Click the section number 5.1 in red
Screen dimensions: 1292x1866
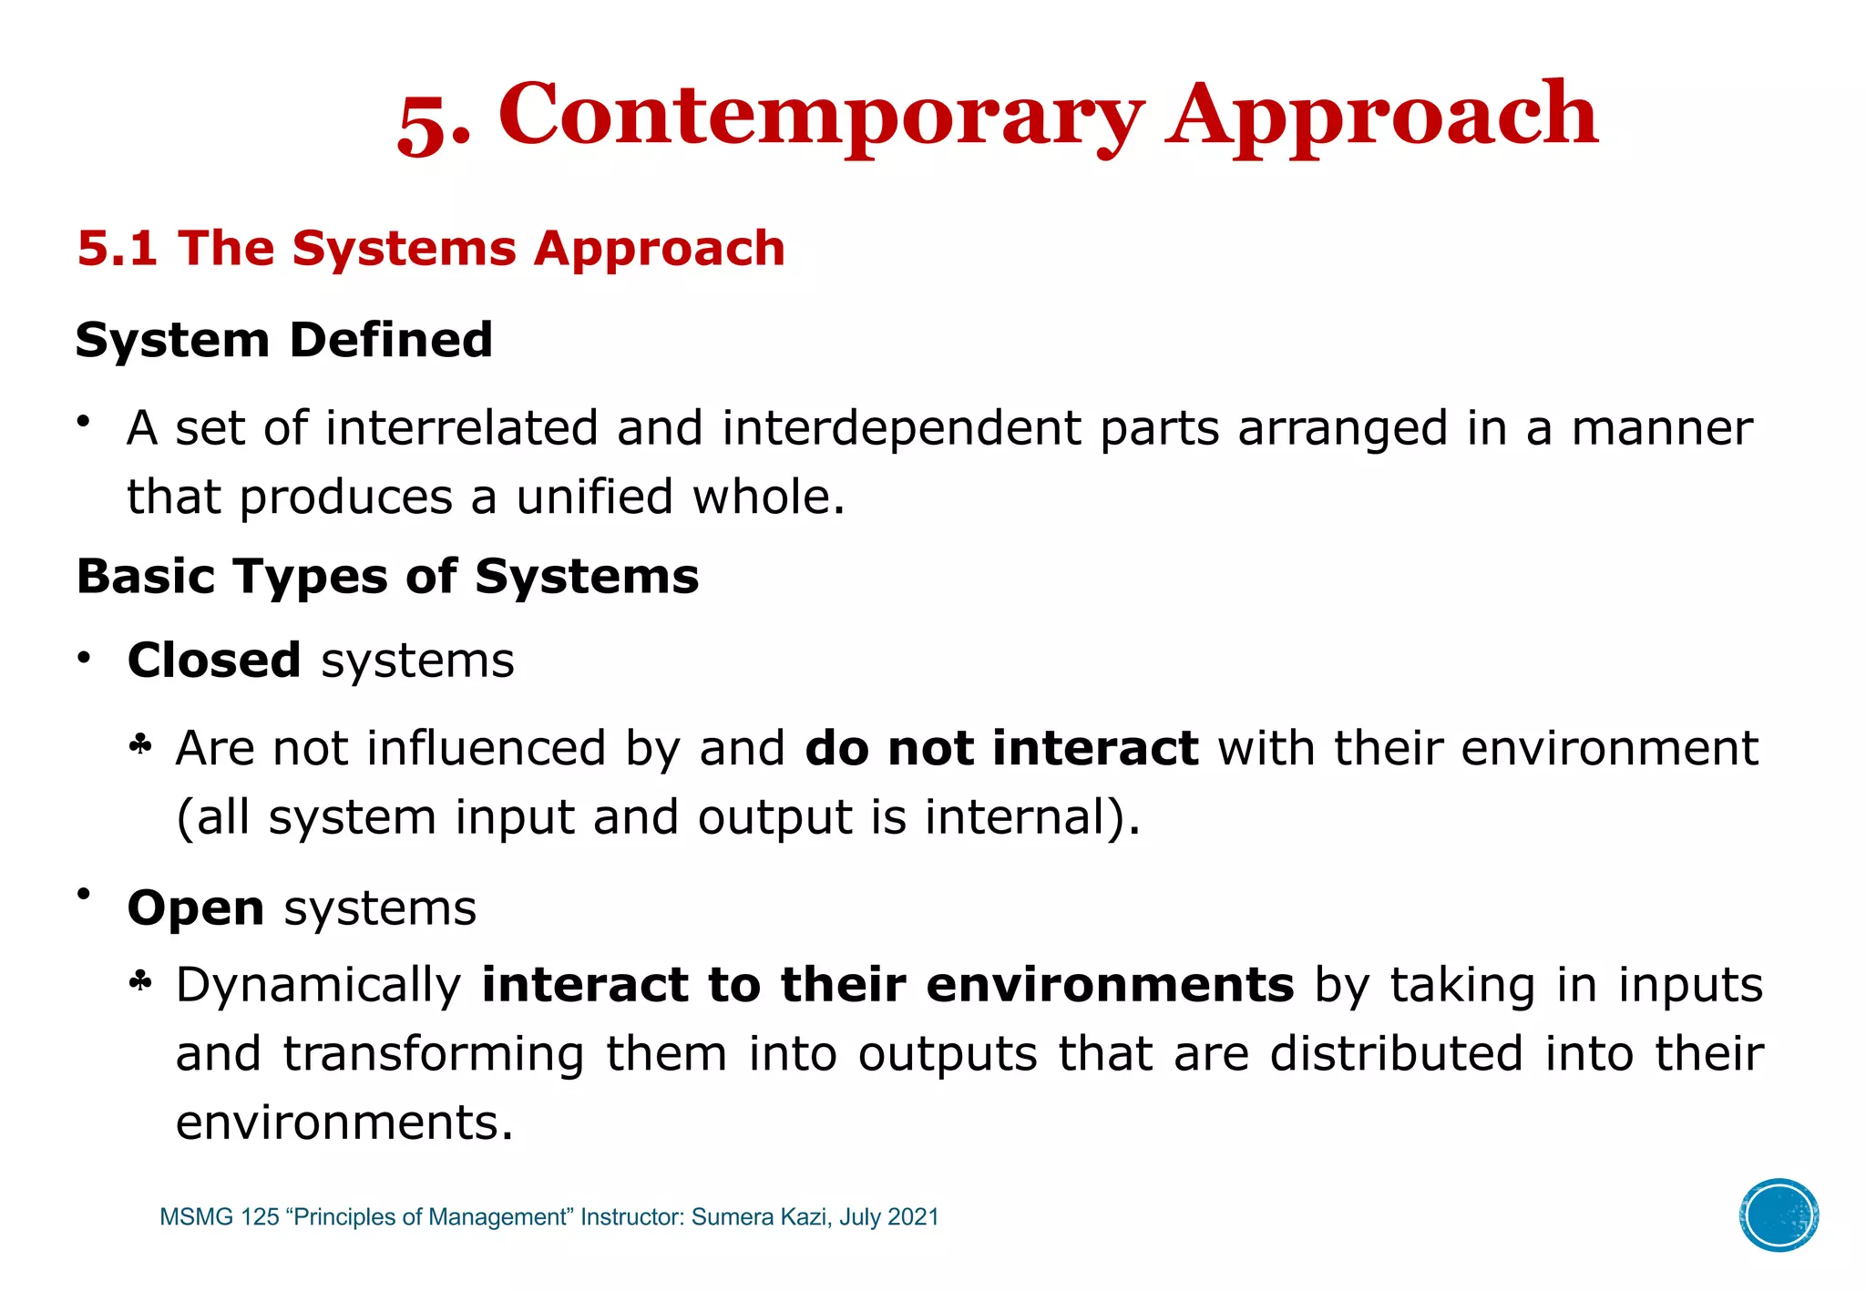pos(118,249)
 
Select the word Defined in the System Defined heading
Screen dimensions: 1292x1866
pos(391,340)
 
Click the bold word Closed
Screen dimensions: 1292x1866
pos(214,660)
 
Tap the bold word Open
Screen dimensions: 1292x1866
pos(196,908)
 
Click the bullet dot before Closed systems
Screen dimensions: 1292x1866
pos(84,658)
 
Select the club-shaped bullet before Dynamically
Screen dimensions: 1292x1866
pos(140,983)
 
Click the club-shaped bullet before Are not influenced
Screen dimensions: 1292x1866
pos(140,747)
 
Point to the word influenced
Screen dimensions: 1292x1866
pos(486,748)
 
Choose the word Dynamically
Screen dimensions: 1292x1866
pos(319,985)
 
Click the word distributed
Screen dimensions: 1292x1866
pos(1397,1054)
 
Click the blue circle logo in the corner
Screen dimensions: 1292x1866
pos(1779,1215)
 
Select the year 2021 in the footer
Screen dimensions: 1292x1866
pos(913,1217)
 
